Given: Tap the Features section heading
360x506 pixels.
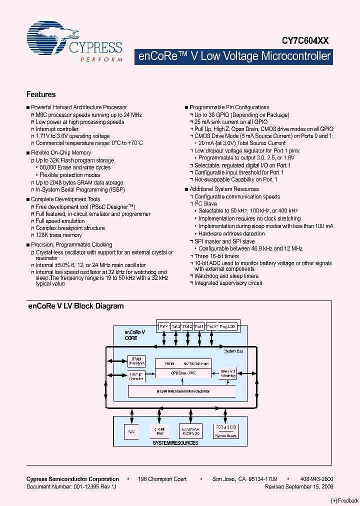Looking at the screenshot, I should (x=41, y=94).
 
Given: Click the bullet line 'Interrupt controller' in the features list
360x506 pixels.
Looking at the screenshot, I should (x=57, y=129).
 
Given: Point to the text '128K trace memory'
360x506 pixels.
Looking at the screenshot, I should (x=58, y=235).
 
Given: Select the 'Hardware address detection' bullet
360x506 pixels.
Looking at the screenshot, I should (x=231, y=233).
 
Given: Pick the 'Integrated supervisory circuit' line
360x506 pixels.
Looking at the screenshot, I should (x=228, y=283).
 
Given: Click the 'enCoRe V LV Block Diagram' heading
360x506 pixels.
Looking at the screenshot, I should (x=75, y=306).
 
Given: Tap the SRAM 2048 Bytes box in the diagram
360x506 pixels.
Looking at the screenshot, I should (x=136, y=361).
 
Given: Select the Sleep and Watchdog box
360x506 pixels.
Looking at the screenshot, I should (x=228, y=373).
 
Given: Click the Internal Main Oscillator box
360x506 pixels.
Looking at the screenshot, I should (x=182, y=391).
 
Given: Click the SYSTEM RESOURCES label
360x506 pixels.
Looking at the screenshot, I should (x=175, y=443).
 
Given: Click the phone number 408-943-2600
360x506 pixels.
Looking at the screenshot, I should (x=318, y=479).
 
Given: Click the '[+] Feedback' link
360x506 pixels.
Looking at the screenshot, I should (x=344, y=500).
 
